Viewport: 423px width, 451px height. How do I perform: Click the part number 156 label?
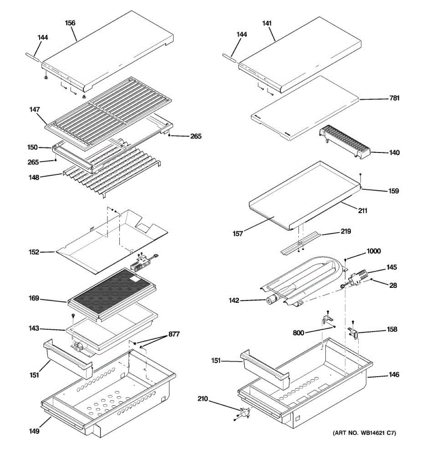[70, 23]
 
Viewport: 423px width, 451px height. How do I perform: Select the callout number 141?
[267, 23]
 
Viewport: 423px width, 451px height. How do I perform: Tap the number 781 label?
[394, 98]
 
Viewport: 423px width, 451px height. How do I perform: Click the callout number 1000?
[374, 251]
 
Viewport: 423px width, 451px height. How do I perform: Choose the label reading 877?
[174, 334]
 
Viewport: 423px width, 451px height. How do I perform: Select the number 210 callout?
[203, 398]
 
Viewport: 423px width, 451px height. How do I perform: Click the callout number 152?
[34, 252]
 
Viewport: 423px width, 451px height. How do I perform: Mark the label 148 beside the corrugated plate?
[34, 177]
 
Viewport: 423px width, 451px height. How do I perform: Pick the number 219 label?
[346, 231]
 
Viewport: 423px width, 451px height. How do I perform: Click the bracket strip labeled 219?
[301, 243]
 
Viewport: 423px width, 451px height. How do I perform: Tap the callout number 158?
[392, 329]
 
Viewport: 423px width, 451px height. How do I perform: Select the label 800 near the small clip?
[299, 333]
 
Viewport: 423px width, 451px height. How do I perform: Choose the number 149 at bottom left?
[34, 431]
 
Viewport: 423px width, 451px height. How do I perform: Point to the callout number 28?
[393, 285]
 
